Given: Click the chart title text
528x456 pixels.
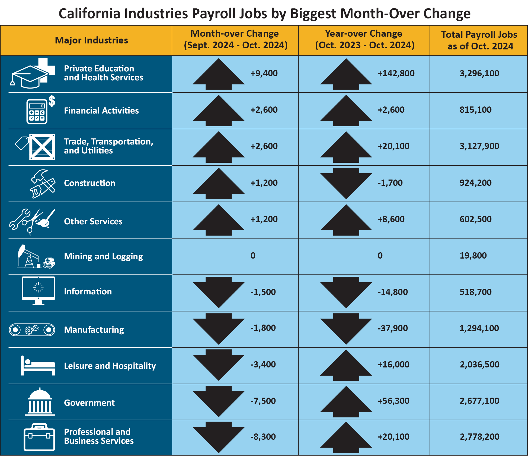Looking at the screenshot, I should pos(264,14).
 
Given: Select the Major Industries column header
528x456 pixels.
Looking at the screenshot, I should pos(91,40).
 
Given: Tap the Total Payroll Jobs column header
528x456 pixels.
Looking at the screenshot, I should pos(479,40).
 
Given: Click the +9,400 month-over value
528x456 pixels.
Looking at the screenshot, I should pos(264,73).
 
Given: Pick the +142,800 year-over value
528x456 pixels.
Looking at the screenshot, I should pos(396,73).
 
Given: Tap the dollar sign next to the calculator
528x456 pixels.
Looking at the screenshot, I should pos(52,101).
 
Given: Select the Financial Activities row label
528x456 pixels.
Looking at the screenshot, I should pos(101,111).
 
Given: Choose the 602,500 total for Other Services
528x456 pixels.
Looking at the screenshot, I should pos(475,219).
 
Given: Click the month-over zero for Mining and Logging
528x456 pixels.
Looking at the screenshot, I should pos(253,256).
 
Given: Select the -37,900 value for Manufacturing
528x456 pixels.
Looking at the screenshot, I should pos(392,328).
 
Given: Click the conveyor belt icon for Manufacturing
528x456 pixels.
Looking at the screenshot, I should pos(32,330).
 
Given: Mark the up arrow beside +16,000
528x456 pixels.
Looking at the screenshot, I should pos(346,365).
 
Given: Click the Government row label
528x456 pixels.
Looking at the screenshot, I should pos(89,403).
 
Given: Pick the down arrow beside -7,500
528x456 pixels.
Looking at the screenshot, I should pos(219,401).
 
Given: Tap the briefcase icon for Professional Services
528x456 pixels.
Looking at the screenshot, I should pos(39,437).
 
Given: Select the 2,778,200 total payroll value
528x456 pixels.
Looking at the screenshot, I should pos(479,437).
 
